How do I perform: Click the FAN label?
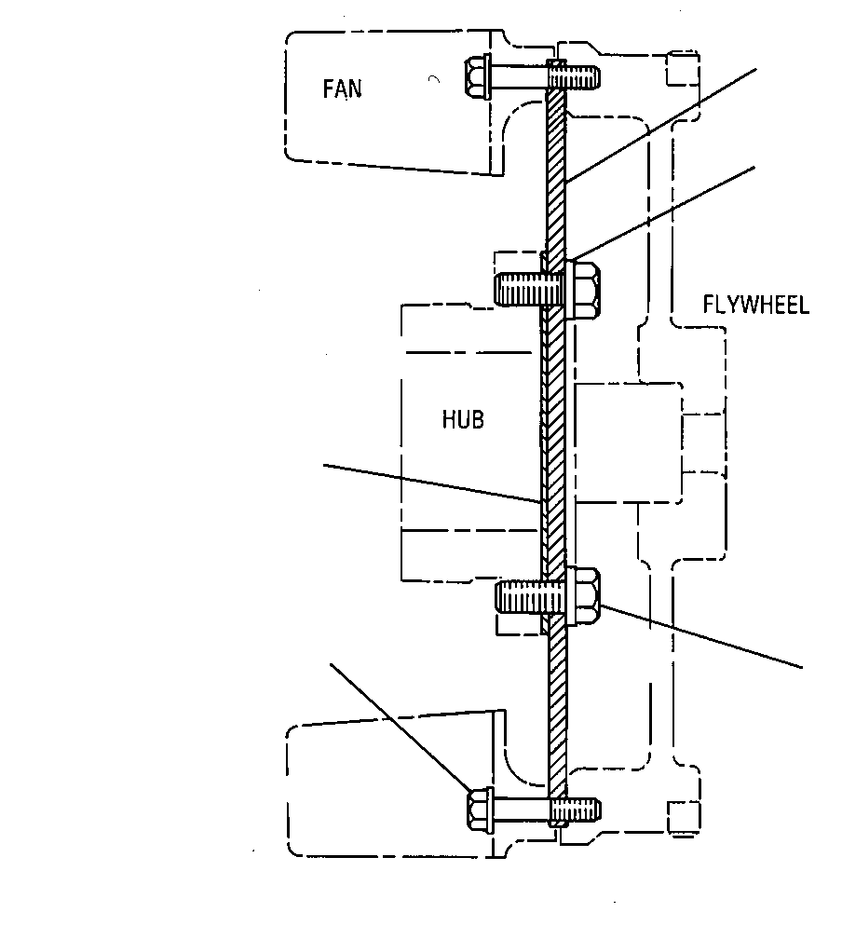coord(342,88)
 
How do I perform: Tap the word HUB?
coord(462,419)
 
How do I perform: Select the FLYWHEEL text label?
coord(755,305)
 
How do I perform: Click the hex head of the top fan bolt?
coord(477,76)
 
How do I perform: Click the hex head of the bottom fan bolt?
coord(479,810)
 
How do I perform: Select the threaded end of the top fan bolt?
coord(574,75)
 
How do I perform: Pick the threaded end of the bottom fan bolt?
coord(575,810)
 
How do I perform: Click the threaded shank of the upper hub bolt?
coord(528,289)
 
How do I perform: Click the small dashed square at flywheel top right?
coord(683,68)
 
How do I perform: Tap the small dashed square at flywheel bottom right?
coord(684,818)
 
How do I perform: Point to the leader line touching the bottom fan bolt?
coord(401,728)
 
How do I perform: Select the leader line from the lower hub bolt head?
coord(701,636)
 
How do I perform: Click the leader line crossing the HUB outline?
coord(432,483)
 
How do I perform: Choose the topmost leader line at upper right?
coord(661,125)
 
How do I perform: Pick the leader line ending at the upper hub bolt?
coord(662,214)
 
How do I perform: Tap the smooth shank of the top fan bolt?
coord(519,76)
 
